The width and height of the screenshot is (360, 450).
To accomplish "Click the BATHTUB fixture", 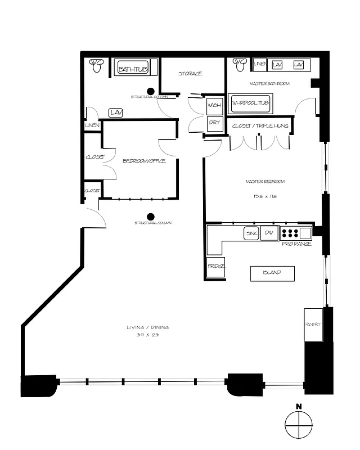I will tap(133, 69).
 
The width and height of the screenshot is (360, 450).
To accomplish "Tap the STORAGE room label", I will tap(190, 74).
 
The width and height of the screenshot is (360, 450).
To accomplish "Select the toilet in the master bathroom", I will tap(240, 64).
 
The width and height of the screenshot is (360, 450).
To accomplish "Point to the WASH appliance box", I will tap(214, 106).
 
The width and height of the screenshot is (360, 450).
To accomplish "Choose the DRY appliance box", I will tap(214, 123).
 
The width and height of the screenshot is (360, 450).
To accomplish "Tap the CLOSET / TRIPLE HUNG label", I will tap(260, 126).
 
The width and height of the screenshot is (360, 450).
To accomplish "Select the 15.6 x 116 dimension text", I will tap(264, 196).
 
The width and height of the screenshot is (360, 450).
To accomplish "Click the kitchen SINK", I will tap(251, 233).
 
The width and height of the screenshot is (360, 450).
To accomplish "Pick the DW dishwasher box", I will tap(269, 233).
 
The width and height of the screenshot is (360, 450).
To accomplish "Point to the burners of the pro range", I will tap(289, 233).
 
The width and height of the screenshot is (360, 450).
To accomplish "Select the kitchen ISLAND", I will tap(273, 273).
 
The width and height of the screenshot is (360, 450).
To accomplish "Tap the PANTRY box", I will tap(313, 325).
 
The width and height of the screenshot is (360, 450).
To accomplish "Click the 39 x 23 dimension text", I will tap(147, 335).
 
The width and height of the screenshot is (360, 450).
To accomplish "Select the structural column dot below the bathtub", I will tap(151, 91).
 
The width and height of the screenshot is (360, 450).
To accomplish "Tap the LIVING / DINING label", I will tap(148, 327).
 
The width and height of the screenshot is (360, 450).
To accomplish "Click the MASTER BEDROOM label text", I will tap(265, 182).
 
